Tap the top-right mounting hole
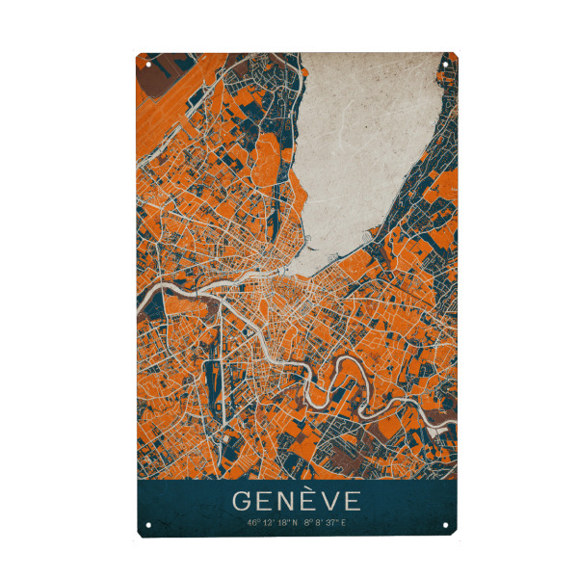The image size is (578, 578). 445,66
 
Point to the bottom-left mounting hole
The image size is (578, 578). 149,526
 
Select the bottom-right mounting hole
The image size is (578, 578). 445,526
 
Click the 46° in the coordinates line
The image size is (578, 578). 254,523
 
